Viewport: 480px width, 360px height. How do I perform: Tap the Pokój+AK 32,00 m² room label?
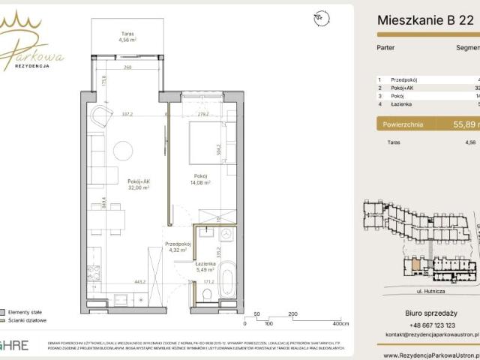click(x=120, y=185)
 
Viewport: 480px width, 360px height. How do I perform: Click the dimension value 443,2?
click(x=140, y=283)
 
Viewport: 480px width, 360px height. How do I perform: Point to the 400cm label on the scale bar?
click(x=340, y=325)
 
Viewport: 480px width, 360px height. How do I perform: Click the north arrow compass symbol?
click(x=321, y=16)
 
